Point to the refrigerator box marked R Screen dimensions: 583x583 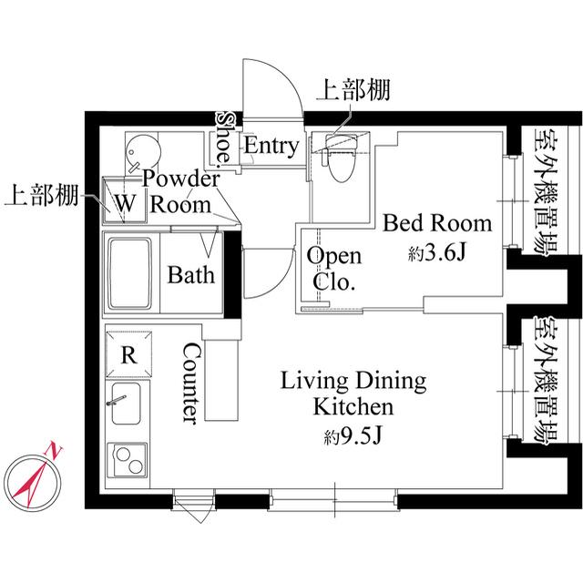[x=129, y=354]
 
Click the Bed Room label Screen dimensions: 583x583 [x=436, y=223]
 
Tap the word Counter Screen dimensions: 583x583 [x=192, y=383]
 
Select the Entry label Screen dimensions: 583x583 [x=271, y=146]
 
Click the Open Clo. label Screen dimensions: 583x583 [x=332, y=268]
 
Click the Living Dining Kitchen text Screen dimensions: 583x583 [x=353, y=393]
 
